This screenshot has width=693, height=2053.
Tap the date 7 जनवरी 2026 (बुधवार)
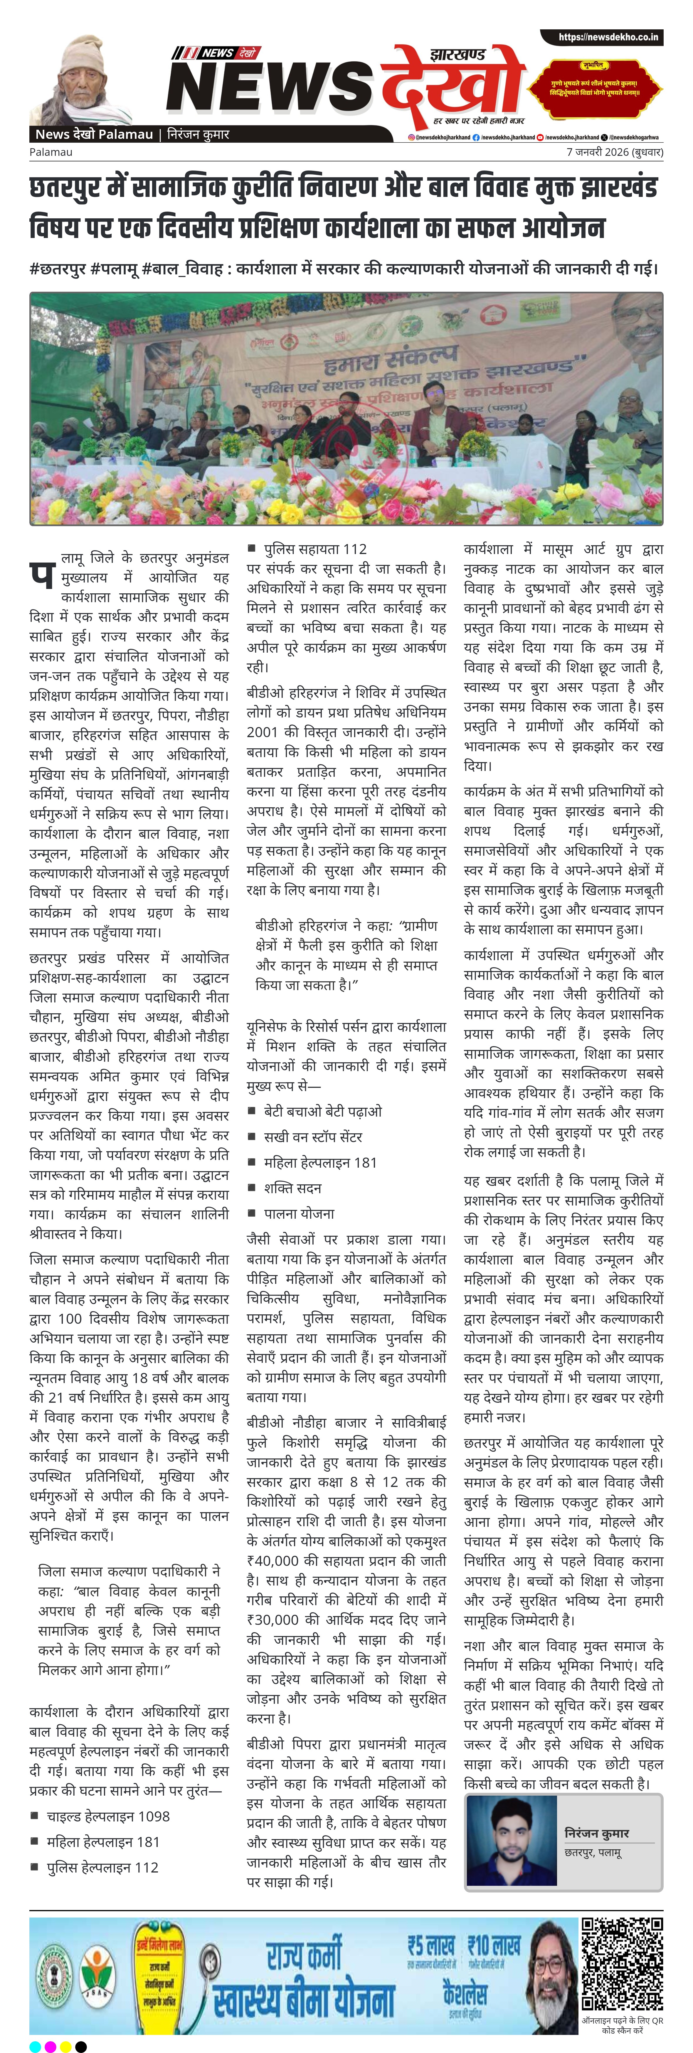click(614, 151)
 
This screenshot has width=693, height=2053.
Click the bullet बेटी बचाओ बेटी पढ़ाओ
click(323, 1111)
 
